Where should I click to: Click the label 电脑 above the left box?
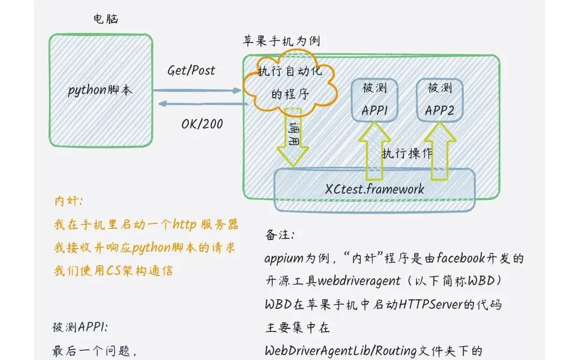click(x=105, y=19)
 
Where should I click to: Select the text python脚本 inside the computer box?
click(x=100, y=90)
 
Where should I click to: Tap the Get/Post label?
click(x=191, y=70)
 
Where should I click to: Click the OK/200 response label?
click(x=202, y=124)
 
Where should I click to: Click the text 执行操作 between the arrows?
click(x=407, y=153)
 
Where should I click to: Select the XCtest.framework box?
click(x=375, y=189)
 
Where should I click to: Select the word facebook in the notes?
click(x=460, y=258)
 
